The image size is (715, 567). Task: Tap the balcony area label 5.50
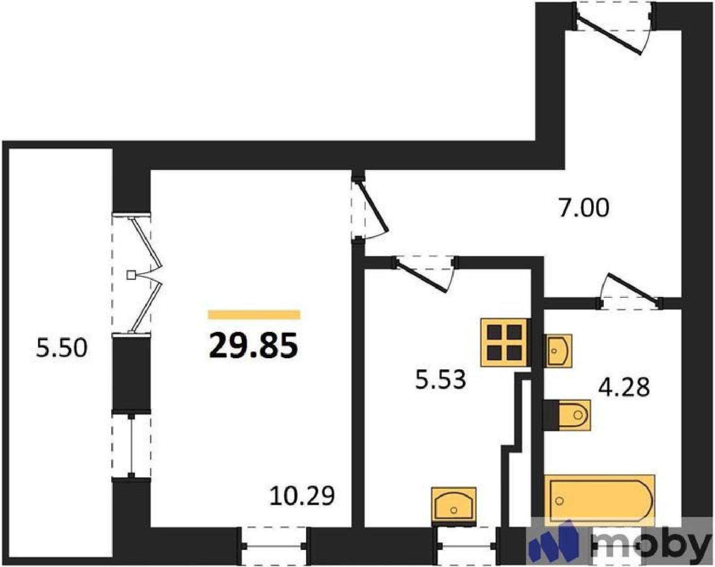click(x=62, y=348)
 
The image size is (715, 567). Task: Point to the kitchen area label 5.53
click(x=441, y=380)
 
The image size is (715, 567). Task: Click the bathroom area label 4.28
click(x=624, y=387)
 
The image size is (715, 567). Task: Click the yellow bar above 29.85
click(x=254, y=315)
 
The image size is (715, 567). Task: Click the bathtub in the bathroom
click(x=599, y=501)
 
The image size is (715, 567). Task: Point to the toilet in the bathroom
click(x=567, y=415)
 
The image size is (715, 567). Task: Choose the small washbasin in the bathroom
click(x=558, y=351)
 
